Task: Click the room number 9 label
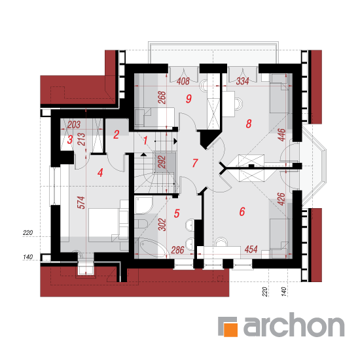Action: (x=189, y=98)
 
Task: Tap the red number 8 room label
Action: (x=249, y=124)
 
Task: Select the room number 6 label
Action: (x=242, y=211)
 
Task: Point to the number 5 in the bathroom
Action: (x=177, y=213)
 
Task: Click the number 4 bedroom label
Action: (x=100, y=173)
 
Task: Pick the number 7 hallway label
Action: (x=195, y=163)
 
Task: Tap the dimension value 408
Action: (x=183, y=81)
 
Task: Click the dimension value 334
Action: (x=243, y=81)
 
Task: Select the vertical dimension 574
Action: (x=81, y=202)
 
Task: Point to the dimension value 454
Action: (x=251, y=249)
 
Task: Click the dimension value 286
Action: (x=177, y=250)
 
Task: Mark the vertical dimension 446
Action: (x=281, y=135)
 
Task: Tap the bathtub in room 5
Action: (x=153, y=248)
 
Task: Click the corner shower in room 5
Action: (x=143, y=206)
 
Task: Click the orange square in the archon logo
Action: (x=230, y=330)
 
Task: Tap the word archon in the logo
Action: (x=294, y=325)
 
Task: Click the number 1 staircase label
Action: (x=145, y=141)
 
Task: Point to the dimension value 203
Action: (x=74, y=125)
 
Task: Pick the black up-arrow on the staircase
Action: (x=143, y=154)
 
